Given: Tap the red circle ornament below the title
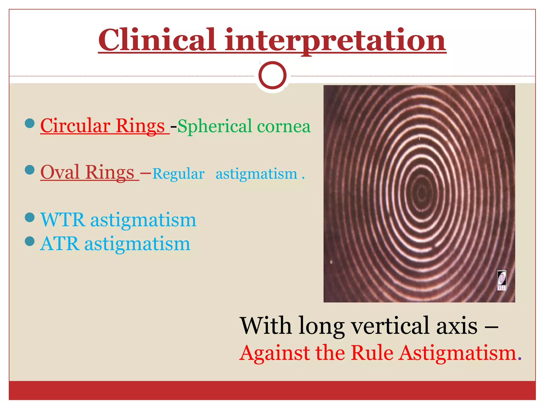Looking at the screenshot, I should [272, 75].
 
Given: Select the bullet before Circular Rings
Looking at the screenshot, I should [30, 123].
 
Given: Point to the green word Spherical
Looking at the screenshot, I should [214, 126].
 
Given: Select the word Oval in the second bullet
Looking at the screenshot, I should [60, 172].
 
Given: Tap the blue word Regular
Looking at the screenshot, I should [179, 174].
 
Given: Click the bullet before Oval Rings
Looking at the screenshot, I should [30, 170].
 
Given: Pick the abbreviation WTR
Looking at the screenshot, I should [63, 220].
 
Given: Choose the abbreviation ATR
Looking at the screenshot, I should [60, 244].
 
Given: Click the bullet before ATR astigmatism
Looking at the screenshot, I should [30, 241].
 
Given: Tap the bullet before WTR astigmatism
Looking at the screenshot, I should [30, 217].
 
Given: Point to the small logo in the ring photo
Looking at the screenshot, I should [502, 280].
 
